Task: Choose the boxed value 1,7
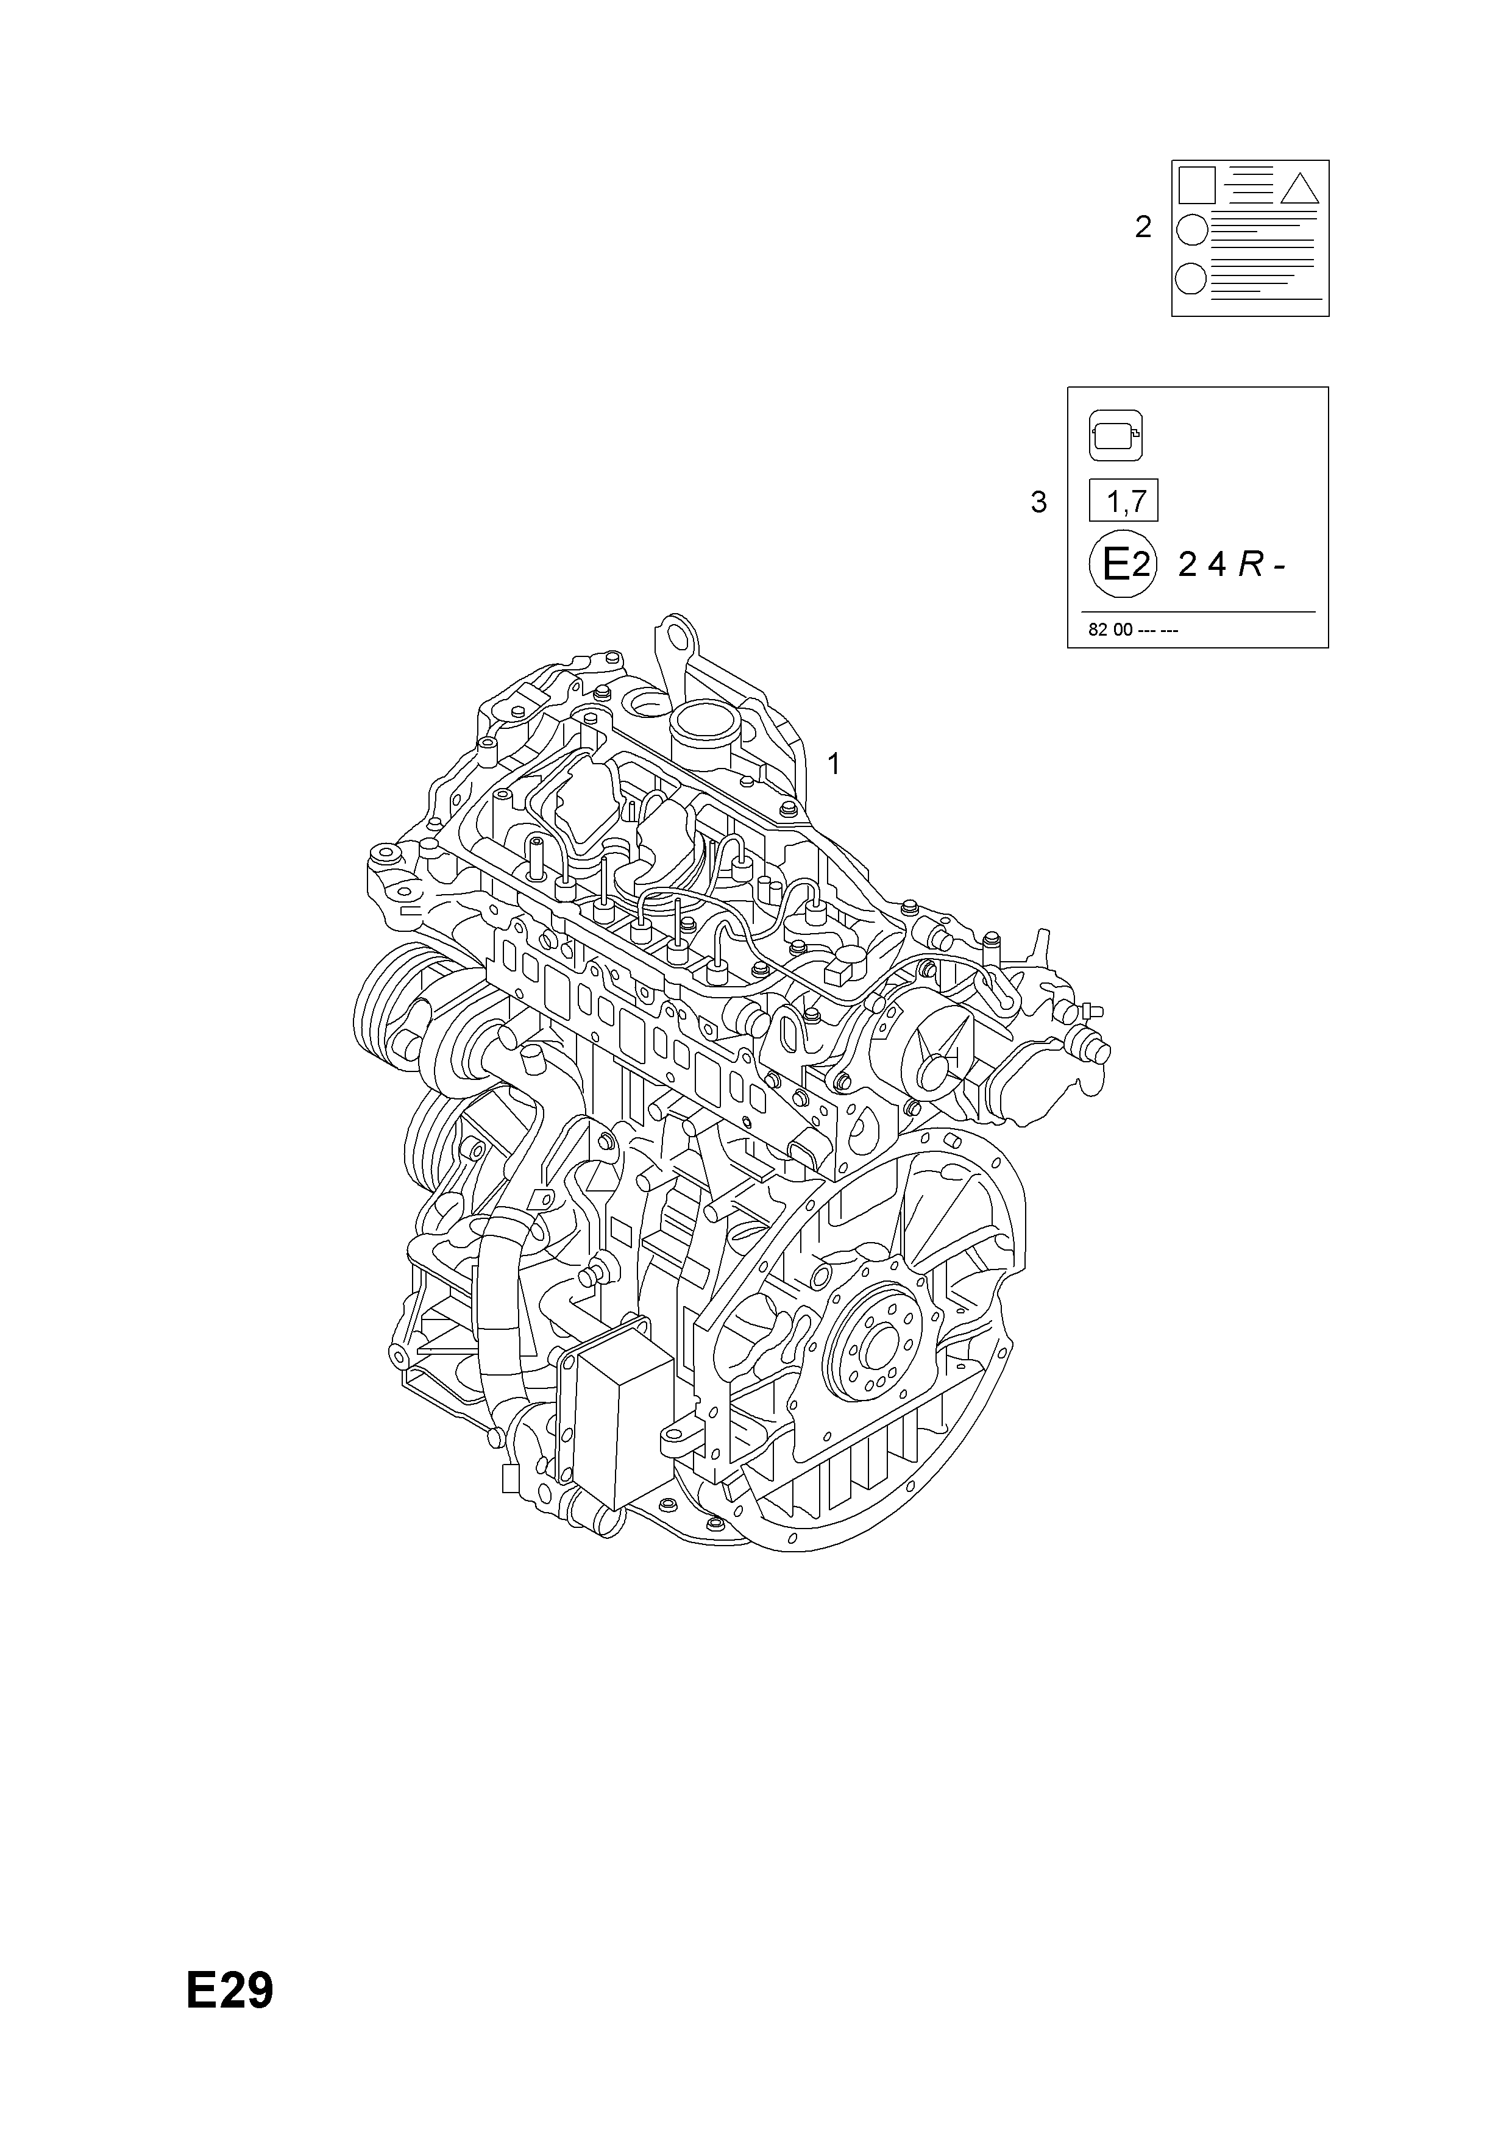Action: pyautogui.click(x=1124, y=502)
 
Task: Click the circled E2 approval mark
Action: pyautogui.click(x=1123, y=564)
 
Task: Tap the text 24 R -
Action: pyautogui.click(x=1232, y=564)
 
